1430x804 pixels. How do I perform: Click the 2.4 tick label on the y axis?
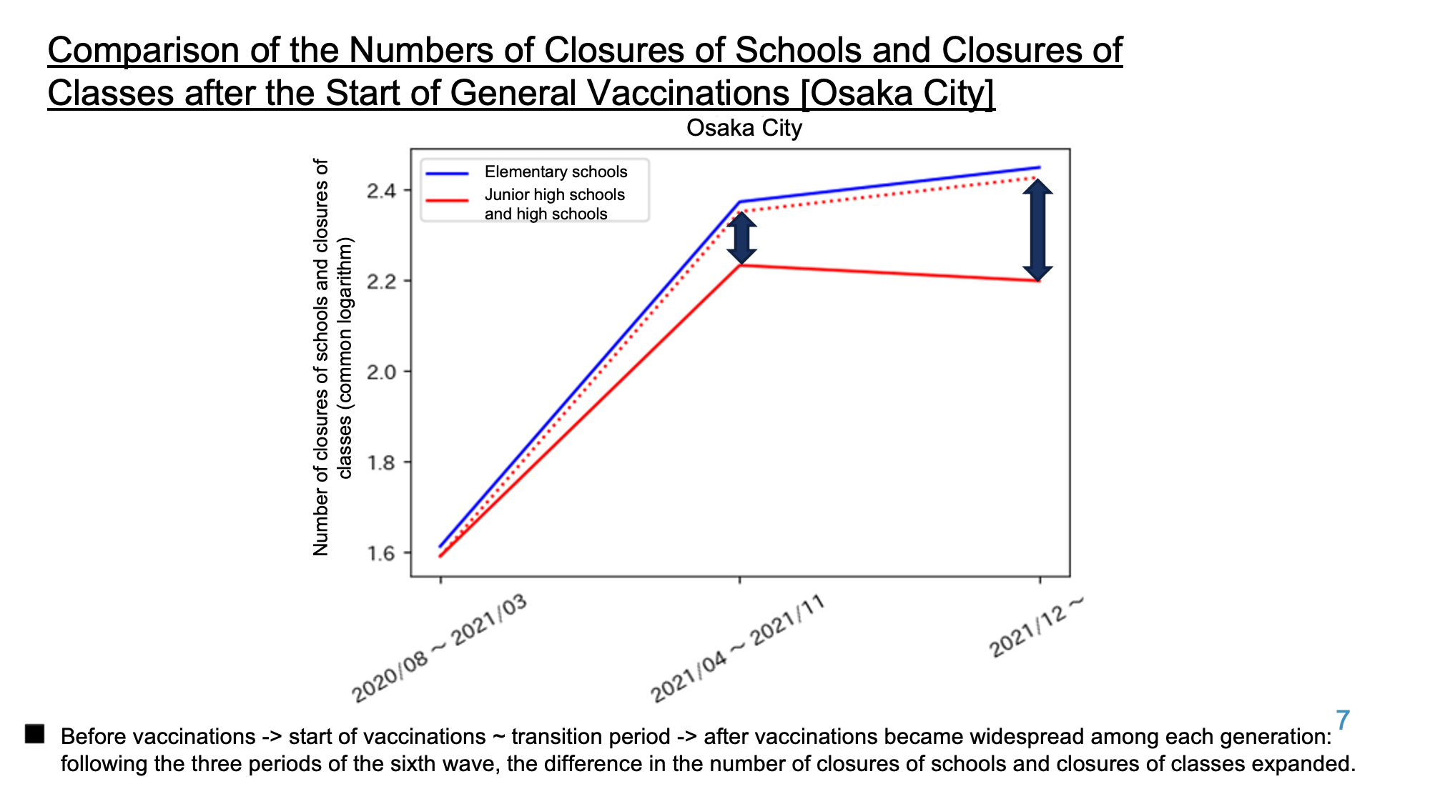[382, 191]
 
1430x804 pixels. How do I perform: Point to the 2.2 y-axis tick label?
[382, 282]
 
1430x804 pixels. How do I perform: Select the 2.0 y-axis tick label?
[382, 372]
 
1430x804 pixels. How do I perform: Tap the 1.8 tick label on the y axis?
[382, 463]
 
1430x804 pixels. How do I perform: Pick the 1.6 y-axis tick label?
[382, 554]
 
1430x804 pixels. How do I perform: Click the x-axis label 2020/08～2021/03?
[440, 648]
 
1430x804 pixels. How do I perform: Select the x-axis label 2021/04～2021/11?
[738, 648]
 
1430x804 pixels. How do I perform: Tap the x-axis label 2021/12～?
[1037, 627]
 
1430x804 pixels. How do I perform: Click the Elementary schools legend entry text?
[556, 172]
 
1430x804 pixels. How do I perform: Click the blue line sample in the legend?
[447, 173]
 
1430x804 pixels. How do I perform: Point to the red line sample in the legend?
[447, 199]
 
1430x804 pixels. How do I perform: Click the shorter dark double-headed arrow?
[741, 238]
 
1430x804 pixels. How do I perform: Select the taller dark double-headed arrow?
[1037, 230]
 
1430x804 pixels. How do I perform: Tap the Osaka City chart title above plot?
[744, 128]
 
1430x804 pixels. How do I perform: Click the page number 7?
[1343, 720]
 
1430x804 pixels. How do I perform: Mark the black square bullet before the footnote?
[34, 734]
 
